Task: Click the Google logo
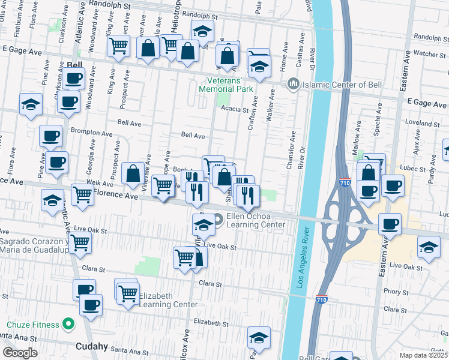tap(20, 353)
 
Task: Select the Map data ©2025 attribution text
tap(424, 355)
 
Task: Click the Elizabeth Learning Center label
tap(167, 300)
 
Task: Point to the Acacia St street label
tap(234, 110)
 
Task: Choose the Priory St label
tap(396, 291)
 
